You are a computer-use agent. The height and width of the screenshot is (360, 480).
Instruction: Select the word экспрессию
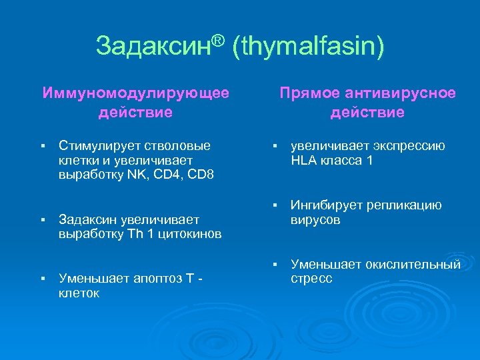409,146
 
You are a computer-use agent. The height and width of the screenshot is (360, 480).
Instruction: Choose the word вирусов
315,220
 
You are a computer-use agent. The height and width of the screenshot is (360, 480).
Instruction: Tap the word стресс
311,279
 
